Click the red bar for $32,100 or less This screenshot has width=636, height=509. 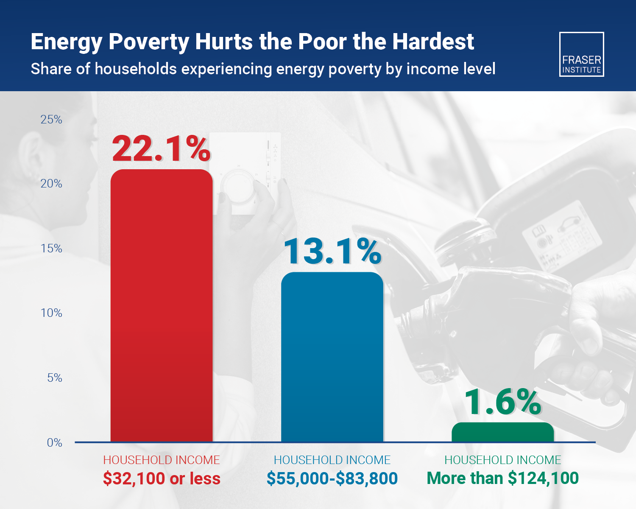[x=162, y=305]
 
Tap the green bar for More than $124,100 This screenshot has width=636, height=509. [x=502, y=432]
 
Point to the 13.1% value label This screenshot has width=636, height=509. [x=332, y=252]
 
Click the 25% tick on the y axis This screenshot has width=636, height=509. [x=51, y=120]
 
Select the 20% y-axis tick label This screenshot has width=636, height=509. [x=51, y=184]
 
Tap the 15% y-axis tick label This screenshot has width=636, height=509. [x=51, y=249]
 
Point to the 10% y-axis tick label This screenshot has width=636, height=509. [x=51, y=313]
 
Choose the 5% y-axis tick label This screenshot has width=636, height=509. [x=54, y=378]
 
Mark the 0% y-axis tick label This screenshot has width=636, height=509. [x=54, y=443]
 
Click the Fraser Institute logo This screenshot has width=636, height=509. [x=582, y=54]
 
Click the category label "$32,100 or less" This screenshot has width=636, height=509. [x=162, y=478]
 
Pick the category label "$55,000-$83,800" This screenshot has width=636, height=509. [x=332, y=478]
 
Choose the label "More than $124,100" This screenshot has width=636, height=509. [x=502, y=478]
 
